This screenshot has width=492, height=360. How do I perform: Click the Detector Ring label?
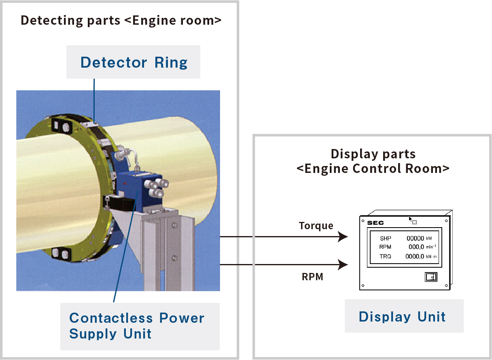click(134, 62)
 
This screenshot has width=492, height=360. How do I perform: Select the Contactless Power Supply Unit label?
click(137, 326)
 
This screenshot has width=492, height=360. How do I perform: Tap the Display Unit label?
click(402, 316)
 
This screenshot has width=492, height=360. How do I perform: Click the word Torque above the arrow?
click(316, 226)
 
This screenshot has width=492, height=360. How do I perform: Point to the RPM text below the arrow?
click(312, 277)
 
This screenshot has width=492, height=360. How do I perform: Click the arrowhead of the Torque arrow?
click(343, 237)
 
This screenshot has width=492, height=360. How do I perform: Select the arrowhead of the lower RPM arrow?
click(343, 265)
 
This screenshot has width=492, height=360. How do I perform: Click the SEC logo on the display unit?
click(375, 223)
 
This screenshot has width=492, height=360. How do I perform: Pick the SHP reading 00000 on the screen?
click(415, 239)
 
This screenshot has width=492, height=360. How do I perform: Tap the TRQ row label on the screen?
click(385, 256)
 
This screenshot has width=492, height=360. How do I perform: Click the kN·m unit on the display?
click(432, 257)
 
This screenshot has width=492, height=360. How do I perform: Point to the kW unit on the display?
click(429, 239)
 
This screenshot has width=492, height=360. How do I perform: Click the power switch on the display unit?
click(431, 277)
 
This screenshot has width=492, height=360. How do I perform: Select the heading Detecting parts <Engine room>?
click(121, 20)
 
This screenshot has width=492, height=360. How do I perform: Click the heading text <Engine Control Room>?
click(373, 168)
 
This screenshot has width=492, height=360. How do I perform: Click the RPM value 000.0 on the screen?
click(416, 247)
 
